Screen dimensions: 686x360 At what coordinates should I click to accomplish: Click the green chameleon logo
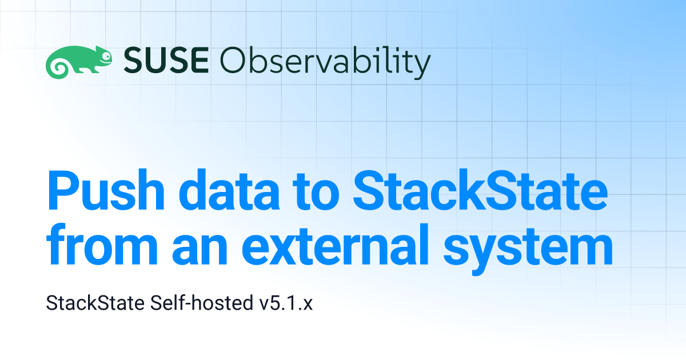79,62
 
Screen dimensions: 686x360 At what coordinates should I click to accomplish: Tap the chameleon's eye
106,56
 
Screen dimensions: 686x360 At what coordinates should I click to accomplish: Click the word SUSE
166,60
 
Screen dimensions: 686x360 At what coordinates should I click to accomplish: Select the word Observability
325,62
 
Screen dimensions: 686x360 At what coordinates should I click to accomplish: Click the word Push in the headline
106,190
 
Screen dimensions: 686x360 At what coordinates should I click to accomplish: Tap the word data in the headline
229,190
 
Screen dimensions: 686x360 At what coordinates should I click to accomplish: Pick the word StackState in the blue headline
480,190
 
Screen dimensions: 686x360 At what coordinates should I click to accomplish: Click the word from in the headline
102,245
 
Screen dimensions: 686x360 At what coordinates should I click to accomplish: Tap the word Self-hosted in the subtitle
202,303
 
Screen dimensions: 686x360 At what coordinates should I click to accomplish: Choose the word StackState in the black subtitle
95,303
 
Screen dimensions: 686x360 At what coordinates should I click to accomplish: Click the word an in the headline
200,250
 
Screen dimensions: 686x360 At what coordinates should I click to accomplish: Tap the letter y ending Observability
421,66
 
